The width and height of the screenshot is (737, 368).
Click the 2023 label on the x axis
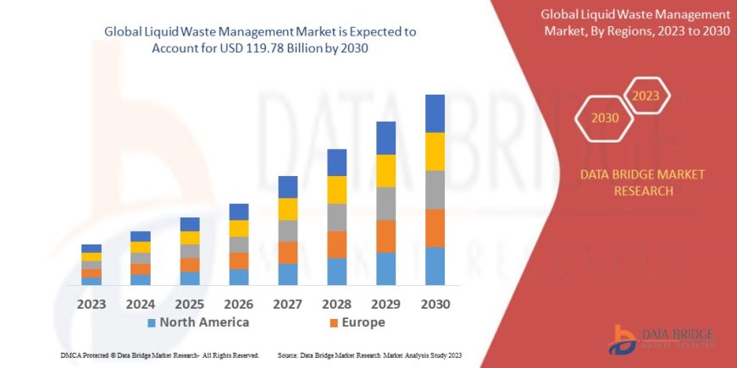91,304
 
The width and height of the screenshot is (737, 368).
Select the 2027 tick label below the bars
287,304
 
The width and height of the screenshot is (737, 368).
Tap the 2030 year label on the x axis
435,304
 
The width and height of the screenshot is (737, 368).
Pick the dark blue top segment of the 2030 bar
435,113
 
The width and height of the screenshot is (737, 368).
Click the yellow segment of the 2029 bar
385,171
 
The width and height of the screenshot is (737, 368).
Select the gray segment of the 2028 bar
336,217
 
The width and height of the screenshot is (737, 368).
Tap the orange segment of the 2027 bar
287,252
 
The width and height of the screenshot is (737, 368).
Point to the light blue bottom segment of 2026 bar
239,277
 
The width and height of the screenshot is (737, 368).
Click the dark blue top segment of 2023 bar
91,248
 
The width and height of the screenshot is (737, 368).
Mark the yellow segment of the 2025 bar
190,238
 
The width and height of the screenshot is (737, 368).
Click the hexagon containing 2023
646,96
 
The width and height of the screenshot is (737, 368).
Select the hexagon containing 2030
604,119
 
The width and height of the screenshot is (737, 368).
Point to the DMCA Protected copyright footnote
160,355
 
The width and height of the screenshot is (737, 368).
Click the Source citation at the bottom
368,355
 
